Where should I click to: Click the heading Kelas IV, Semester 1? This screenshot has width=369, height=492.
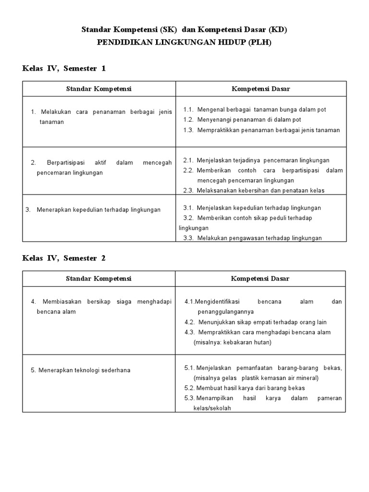pos(64,68)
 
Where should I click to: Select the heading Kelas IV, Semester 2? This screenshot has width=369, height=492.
pos(64,258)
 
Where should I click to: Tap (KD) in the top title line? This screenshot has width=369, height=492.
pos(278,30)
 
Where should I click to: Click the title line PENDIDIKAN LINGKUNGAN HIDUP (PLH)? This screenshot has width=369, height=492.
pos(184,42)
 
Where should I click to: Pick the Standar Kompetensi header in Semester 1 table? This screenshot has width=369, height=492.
pos(98,89)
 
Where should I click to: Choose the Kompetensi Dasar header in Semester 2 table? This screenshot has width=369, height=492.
pos(260,279)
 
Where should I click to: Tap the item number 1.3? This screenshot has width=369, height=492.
pos(188,130)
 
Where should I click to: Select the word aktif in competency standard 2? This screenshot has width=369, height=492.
pos(98,162)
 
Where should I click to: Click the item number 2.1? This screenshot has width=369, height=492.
pos(188,160)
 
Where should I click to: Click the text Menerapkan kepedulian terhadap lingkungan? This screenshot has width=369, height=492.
pos(98,209)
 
